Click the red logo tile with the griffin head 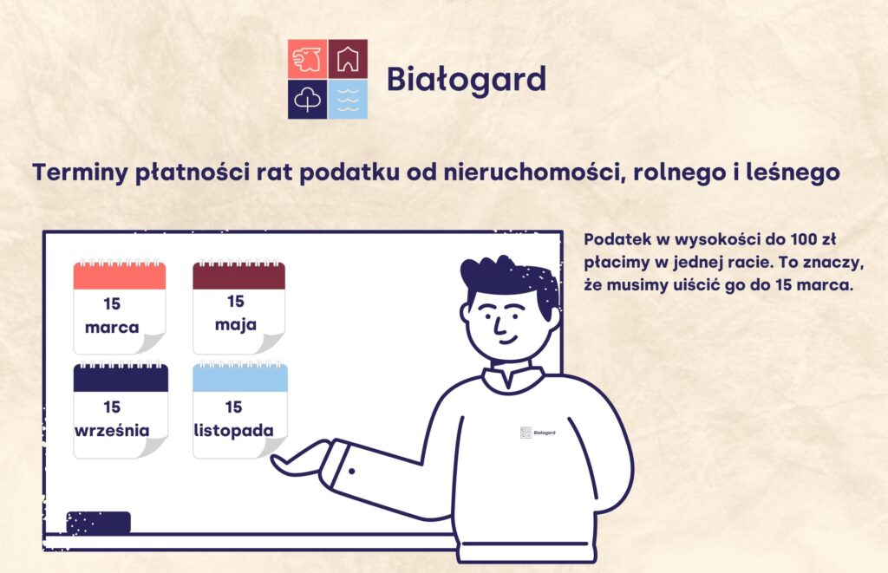308,59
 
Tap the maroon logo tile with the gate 348,59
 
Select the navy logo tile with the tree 308,99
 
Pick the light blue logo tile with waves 348,99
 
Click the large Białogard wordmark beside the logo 467,79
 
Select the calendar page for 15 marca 120,308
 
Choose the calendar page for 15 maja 239,308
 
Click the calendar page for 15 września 121,411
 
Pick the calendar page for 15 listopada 240,411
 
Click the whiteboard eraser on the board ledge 99,523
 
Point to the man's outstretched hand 300,458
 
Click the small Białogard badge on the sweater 538,433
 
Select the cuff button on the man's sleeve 352,471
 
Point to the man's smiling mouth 508,341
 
